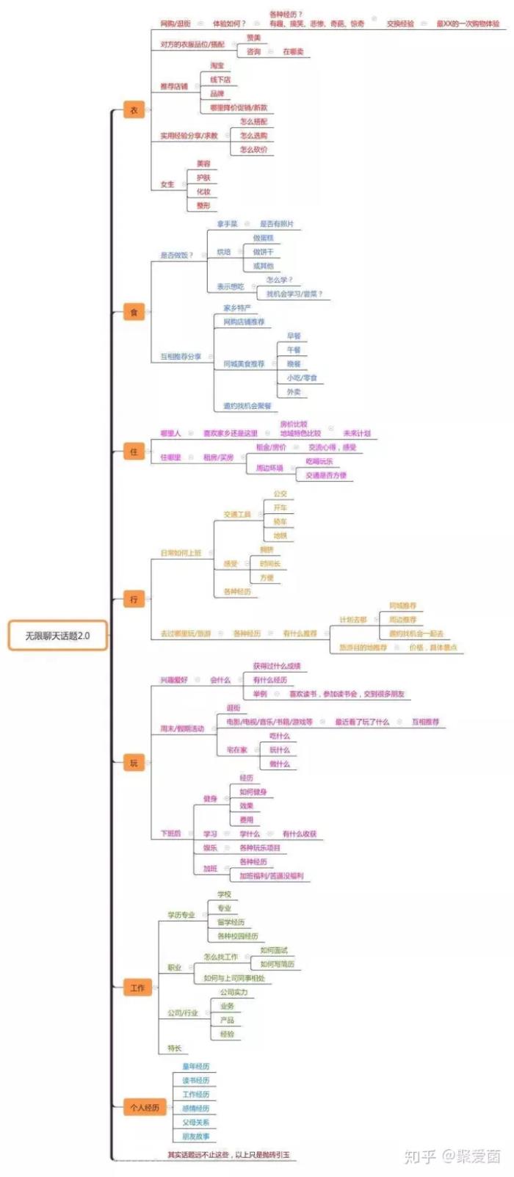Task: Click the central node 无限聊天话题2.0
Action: pyautogui.click(x=57, y=636)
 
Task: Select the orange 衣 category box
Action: pyautogui.click(x=134, y=110)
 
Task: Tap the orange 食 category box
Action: pyautogui.click(x=134, y=312)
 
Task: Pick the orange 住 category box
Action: pyautogui.click(x=134, y=452)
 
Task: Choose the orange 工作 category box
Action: pyautogui.click(x=137, y=988)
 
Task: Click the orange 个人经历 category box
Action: pyautogui.click(x=144, y=1107)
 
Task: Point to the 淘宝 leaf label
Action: pyautogui.click(x=217, y=65)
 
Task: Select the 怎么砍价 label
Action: pyautogui.click(x=253, y=150)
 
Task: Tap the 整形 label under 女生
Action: pyautogui.click(x=203, y=206)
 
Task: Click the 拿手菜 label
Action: pyautogui.click(x=227, y=224)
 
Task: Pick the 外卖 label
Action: pyautogui.click(x=294, y=392)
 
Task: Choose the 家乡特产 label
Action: pyautogui.click(x=237, y=308)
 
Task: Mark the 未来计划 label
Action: pyautogui.click(x=357, y=433)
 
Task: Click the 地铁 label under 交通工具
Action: pyautogui.click(x=280, y=536)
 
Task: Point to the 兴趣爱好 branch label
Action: pyautogui.click(x=174, y=680)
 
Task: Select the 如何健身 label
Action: pyautogui.click(x=253, y=792)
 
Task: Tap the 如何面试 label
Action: pyautogui.click(x=274, y=950)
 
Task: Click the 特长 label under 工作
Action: pyautogui.click(x=174, y=1048)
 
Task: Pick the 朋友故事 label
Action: pyautogui.click(x=196, y=1137)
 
